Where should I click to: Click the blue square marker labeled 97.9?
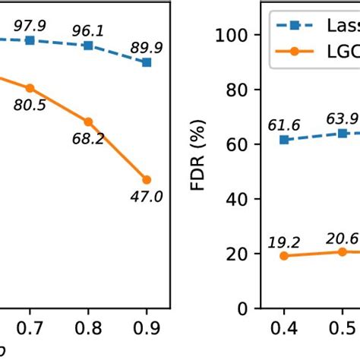click(x=30, y=39)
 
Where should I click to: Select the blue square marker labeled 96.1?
click(x=88, y=46)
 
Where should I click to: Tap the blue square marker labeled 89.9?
click(x=147, y=62)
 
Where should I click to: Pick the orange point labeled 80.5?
click(x=30, y=88)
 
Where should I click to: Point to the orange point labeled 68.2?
click(x=88, y=122)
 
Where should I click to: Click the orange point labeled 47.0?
click(x=147, y=180)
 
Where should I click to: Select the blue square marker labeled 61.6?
click(x=284, y=140)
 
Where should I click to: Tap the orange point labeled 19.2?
click(x=284, y=256)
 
